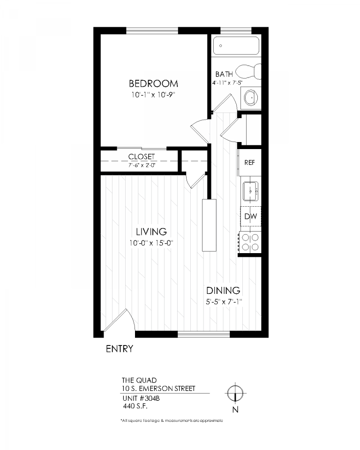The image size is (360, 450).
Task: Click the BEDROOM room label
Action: click(153, 84)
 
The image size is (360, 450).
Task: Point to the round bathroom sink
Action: click(252, 98)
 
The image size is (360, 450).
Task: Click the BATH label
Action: click(224, 74)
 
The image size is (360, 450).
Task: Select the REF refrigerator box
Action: click(249, 163)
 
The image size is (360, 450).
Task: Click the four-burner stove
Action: click(249, 242)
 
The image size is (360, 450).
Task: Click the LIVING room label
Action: click(151, 232)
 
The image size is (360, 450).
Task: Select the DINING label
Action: click(223, 291)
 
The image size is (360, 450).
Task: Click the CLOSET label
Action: click(141, 157)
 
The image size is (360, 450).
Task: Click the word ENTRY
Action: click(120, 349)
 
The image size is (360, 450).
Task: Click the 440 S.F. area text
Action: click(134, 406)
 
